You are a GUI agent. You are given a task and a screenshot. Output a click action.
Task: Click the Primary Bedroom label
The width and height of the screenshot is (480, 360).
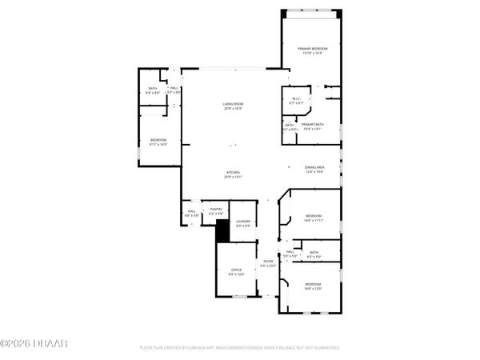pos(314,49)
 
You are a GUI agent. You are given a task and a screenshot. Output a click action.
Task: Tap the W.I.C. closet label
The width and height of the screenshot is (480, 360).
pos(295,99)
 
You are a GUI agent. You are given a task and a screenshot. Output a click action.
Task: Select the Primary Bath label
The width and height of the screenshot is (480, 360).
pos(313,125)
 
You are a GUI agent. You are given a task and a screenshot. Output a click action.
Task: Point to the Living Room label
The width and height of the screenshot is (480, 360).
pos(234,104)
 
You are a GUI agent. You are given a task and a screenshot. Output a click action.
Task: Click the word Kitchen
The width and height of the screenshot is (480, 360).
pos(234,172)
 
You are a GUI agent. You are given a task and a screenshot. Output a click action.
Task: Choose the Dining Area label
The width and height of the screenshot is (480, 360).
pos(314,167)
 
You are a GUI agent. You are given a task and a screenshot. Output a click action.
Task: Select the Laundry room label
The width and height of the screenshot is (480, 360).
pos(243,222)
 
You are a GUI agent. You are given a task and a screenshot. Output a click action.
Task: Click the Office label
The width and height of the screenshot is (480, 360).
pos(237,270)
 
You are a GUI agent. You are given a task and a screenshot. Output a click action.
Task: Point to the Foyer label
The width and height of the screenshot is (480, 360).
pos(268,262)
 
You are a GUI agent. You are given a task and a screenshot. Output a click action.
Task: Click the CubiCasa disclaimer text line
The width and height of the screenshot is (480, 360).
pos(240,348)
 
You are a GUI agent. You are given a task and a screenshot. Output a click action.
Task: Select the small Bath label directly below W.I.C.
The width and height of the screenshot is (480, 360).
pos(290,125)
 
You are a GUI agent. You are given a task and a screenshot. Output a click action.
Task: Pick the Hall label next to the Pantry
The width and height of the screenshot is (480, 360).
pos(191,213)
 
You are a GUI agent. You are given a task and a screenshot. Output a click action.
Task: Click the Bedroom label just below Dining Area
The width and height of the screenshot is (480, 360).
pos(314,216)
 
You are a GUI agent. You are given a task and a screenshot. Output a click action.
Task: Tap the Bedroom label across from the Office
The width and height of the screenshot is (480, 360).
pos(312,285)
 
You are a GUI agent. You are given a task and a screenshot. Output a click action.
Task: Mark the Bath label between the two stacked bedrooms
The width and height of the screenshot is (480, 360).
pos(314,253)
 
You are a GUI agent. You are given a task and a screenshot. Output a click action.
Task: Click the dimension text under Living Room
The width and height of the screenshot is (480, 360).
pos(234,108)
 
